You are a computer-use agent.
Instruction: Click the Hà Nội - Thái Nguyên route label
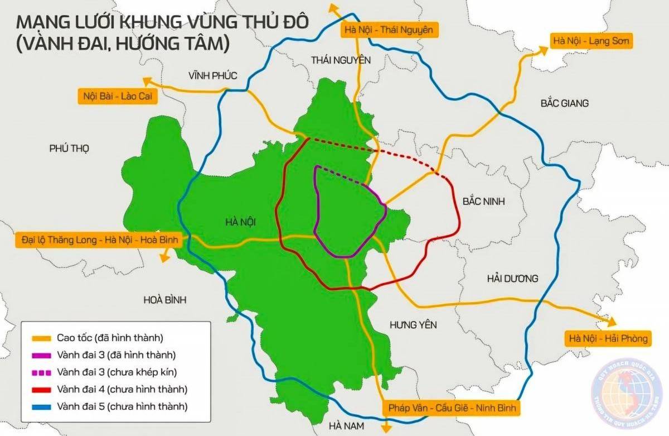pos(389,30)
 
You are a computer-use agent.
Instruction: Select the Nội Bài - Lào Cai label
pos(118,96)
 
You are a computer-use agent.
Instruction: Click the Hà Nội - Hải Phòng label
pos(607,338)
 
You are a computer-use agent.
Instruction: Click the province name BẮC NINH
pos(483,202)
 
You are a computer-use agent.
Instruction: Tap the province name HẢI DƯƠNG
pos(512,278)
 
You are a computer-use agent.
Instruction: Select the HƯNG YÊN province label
pos(413,325)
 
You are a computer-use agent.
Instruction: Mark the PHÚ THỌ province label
pos(69,148)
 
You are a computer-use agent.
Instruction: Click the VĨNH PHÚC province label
pos(212,75)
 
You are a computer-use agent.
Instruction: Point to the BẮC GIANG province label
pos(564,103)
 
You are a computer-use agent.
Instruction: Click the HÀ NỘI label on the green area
pos(243,222)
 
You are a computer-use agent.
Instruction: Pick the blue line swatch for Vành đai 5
pos(41,406)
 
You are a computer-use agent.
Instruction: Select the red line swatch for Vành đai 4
pos(41,389)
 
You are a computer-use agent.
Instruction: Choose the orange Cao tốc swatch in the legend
pos(41,338)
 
